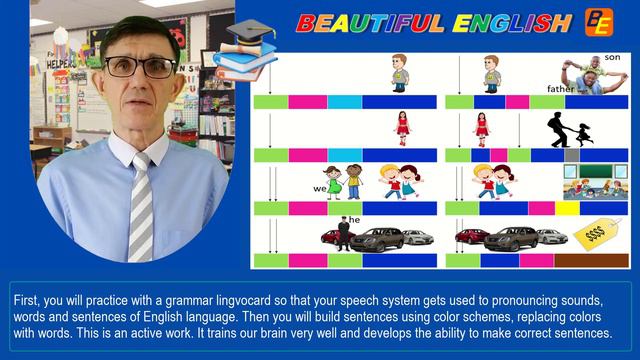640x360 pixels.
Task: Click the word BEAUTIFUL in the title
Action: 367,22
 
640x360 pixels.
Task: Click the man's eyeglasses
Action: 140,68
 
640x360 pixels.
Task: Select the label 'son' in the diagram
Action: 612,59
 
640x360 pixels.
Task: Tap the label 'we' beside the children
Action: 320,186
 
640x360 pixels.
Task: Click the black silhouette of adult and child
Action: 566,130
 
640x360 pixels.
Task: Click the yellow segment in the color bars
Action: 567,208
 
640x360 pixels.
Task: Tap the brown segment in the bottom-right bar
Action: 598,260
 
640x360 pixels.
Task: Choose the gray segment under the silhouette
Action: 571,155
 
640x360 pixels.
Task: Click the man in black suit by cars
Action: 343,234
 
